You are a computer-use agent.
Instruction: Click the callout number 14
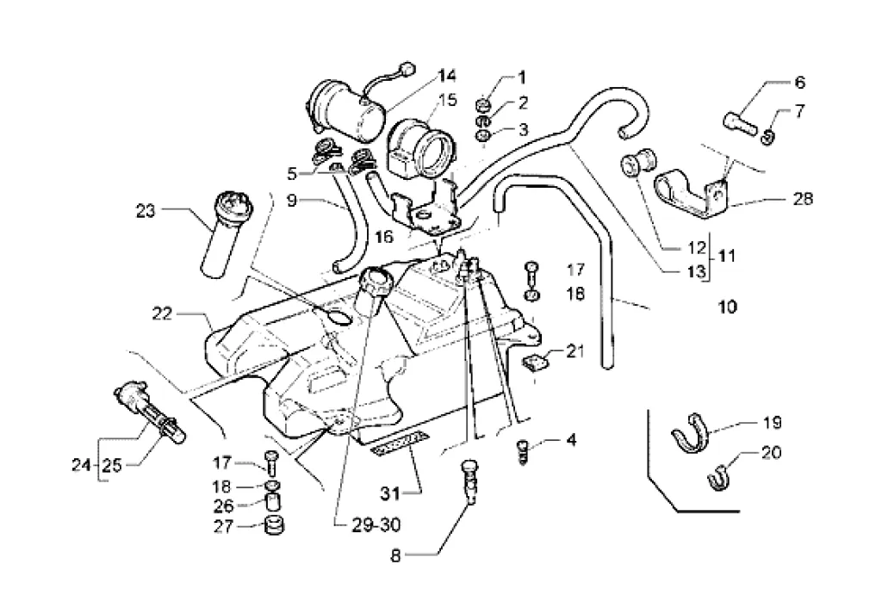point(448,75)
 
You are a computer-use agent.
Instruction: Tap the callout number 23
point(145,212)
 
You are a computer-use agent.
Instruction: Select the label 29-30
point(376,525)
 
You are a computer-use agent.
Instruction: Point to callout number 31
point(389,493)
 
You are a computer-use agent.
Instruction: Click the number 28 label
point(803,198)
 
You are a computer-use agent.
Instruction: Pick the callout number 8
point(396,556)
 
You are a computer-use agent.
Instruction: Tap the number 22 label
point(162,313)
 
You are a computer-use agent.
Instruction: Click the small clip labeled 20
point(717,478)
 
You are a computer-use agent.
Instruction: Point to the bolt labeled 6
point(738,123)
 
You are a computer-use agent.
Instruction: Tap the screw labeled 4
point(523,452)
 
